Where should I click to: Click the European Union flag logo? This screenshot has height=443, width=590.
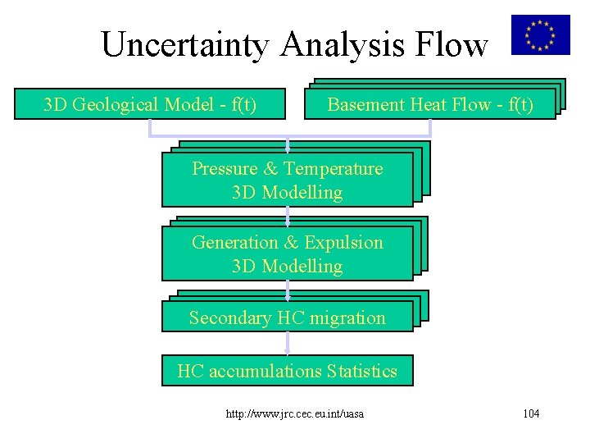[540, 34]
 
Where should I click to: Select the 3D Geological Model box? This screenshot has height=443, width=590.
[150, 104]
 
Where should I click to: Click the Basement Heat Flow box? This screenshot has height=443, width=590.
[430, 104]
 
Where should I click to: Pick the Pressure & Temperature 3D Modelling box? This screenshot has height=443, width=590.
[287, 180]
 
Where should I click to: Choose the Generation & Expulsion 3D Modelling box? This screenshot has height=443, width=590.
[287, 254]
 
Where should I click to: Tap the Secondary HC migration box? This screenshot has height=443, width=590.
[287, 317]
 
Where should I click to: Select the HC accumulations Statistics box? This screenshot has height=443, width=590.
[287, 371]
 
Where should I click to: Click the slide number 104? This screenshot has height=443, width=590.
[531, 413]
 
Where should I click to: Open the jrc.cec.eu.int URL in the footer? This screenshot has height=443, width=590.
[295, 413]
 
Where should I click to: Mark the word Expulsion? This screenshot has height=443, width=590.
[343, 243]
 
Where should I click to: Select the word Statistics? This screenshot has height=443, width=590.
[361, 371]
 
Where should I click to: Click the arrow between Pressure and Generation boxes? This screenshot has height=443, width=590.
[288, 216]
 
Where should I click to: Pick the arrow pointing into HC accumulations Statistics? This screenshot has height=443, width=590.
[288, 343]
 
